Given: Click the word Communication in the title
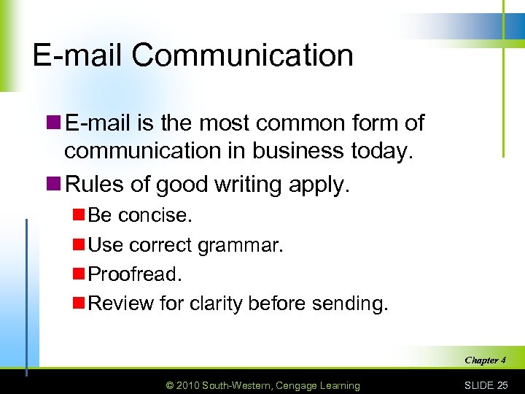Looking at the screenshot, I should click(x=243, y=56).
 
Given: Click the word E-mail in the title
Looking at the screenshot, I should click(x=79, y=56).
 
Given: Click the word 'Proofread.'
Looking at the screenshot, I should click(x=135, y=274).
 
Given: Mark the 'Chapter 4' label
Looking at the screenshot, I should click(x=485, y=360).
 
